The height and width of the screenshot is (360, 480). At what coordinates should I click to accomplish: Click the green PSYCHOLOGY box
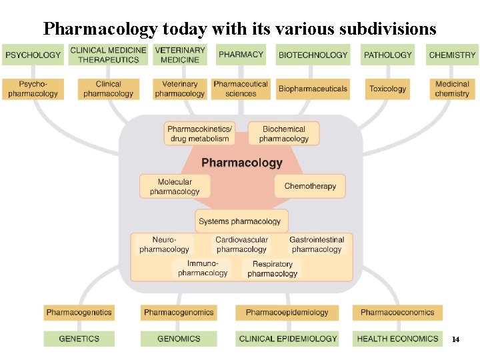click(x=33, y=55)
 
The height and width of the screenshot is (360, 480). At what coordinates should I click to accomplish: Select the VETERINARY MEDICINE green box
click(x=180, y=55)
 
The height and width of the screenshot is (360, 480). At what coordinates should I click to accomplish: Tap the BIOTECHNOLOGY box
click(x=313, y=55)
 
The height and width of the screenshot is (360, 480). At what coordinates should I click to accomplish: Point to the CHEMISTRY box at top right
click(x=452, y=55)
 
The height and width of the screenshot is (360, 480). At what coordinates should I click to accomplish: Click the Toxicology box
click(x=387, y=89)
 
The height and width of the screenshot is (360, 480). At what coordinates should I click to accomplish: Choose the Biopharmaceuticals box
click(x=313, y=89)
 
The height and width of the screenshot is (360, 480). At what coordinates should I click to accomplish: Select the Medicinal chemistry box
click(x=452, y=89)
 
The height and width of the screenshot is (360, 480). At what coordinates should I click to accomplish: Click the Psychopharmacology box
click(x=33, y=89)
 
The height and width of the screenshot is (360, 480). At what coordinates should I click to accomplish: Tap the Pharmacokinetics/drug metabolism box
click(x=199, y=134)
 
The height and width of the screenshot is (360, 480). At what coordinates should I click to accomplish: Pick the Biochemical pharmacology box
click(x=284, y=134)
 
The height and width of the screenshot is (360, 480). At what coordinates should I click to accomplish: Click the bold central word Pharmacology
click(x=241, y=163)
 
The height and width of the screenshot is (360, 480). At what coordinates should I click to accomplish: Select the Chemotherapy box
click(x=310, y=186)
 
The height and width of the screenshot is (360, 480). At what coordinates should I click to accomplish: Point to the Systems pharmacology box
click(x=239, y=221)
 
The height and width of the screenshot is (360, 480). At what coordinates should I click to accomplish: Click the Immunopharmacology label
click(x=203, y=268)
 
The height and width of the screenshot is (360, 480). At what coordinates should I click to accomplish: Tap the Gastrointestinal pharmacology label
click(x=317, y=245)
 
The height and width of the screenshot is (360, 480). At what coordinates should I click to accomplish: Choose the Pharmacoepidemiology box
click(x=287, y=312)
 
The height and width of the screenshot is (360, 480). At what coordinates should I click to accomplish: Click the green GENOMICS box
click(x=179, y=339)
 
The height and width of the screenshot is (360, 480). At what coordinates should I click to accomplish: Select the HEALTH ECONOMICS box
click(x=397, y=339)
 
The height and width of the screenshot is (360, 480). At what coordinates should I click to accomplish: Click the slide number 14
click(x=456, y=340)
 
